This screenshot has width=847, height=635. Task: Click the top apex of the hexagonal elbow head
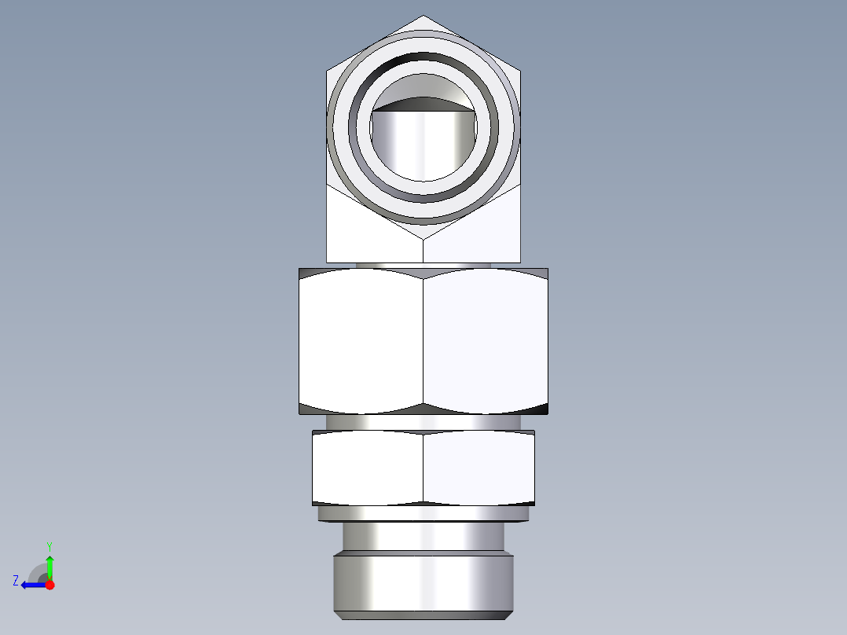coord(423,17)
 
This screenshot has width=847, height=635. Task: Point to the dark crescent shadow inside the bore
coord(423,101)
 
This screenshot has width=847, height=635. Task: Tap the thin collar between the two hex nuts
coord(423,422)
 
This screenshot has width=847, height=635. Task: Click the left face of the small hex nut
coord(368,468)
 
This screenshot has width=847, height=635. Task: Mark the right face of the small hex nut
coord(479,468)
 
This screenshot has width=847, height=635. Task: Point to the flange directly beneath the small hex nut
coord(423,514)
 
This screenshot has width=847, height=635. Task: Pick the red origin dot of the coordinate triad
coord(49,585)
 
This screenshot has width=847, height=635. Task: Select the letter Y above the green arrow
coord(49,545)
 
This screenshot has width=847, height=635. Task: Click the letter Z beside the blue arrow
coord(16,581)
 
